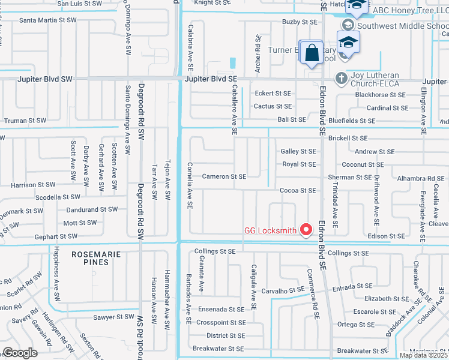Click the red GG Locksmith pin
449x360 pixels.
point(306,229)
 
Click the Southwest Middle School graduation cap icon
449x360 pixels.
point(348,25)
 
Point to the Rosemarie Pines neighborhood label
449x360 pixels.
point(91,258)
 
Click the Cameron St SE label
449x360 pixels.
point(224,176)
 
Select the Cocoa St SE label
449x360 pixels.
point(298,190)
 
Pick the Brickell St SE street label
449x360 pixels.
point(348,137)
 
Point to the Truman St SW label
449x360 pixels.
point(25,121)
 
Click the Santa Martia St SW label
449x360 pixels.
point(48,20)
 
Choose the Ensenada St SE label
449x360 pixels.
point(223,310)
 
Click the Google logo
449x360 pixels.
point(20,353)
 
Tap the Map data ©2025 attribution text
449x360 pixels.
point(424,355)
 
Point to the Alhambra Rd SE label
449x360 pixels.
point(420,178)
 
